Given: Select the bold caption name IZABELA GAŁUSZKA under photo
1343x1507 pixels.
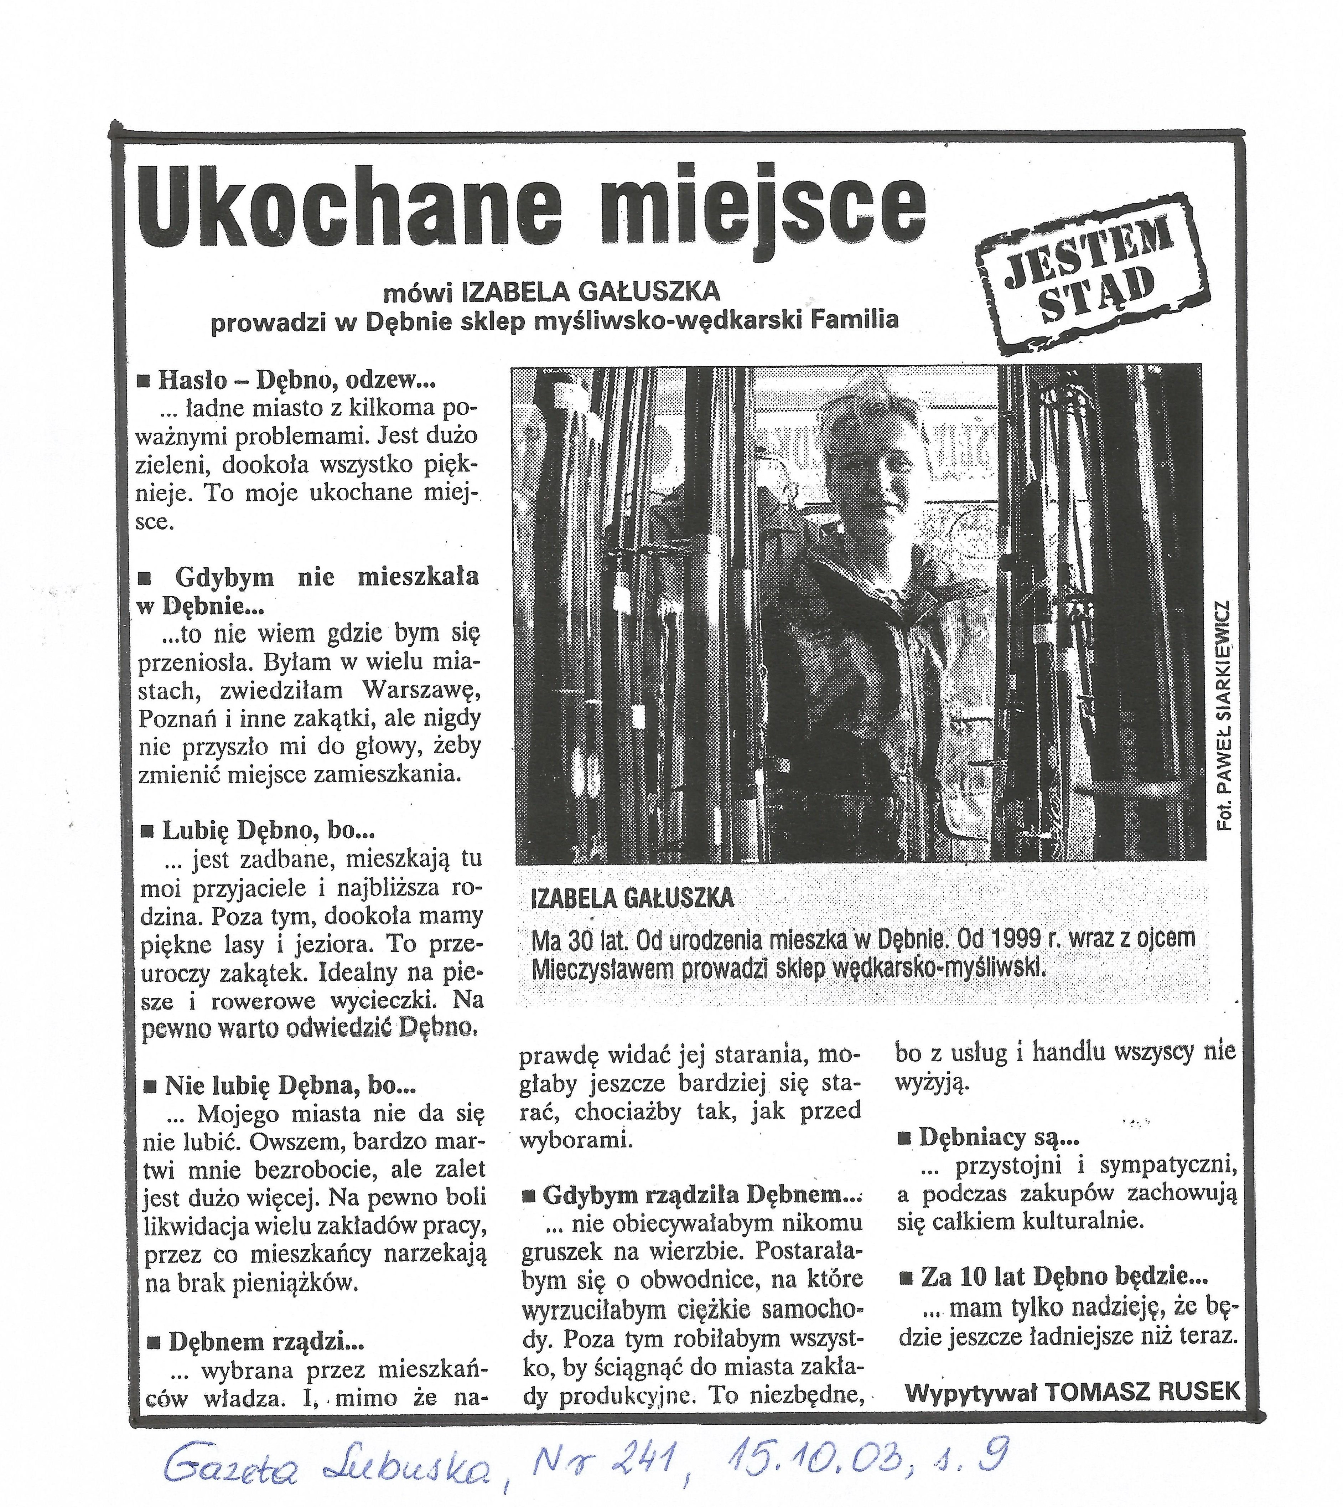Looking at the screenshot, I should (x=632, y=898).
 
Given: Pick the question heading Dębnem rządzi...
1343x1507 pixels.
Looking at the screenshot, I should (x=266, y=1341).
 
